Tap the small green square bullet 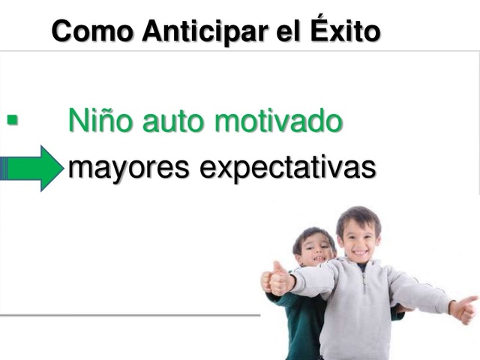[12, 119]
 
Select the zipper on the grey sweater [362, 300]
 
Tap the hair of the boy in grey [358, 214]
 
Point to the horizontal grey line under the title [240, 51]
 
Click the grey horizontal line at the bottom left [127, 315]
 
